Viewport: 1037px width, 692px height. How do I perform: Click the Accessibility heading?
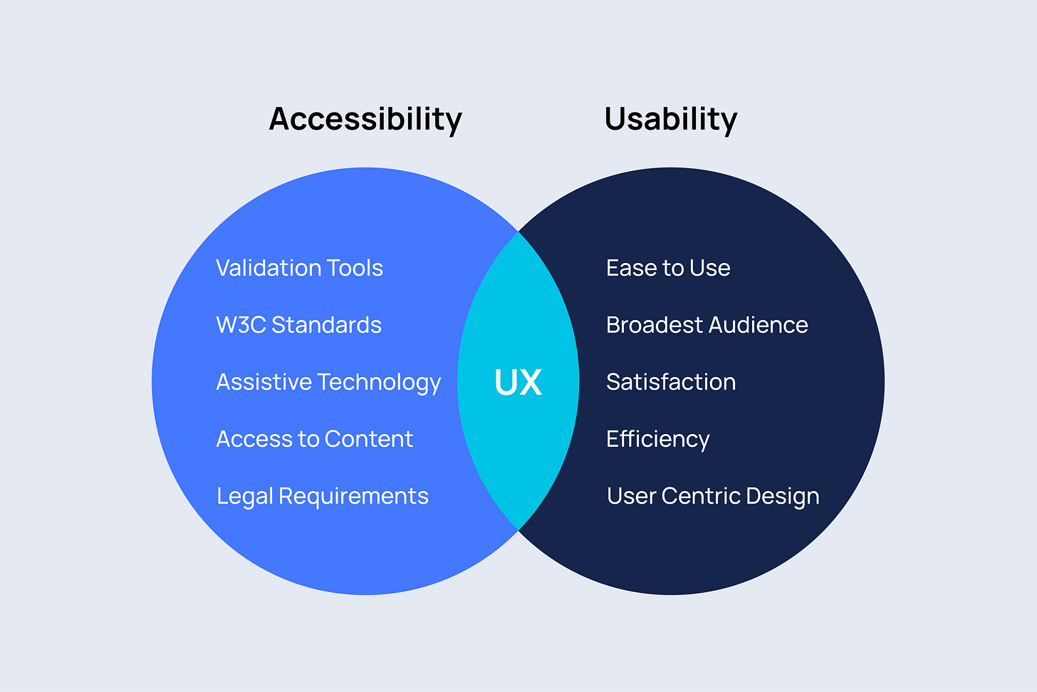click(x=365, y=119)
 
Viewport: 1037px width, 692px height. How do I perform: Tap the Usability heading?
click(x=670, y=119)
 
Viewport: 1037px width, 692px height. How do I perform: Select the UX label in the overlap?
click(x=518, y=382)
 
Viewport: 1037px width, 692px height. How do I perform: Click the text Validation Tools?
click(x=299, y=268)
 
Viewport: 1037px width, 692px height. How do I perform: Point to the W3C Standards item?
click(x=298, y=325)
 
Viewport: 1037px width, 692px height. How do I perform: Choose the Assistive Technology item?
click(x=328, y=382)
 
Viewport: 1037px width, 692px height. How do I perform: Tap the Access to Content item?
click(x=314, y=439)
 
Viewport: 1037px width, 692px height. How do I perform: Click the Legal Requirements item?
click(x=322, y=496)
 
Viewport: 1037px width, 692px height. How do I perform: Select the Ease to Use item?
click(x=668, y=268)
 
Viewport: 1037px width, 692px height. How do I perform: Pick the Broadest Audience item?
click(x=707, y=325)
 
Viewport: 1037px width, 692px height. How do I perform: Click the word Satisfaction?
click(x=670, y=382)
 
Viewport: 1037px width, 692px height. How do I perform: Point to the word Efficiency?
click(x=657, y=439)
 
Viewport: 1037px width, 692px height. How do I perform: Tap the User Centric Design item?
click(x=712, y=496)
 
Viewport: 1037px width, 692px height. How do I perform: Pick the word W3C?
click(x=241, y=325)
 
